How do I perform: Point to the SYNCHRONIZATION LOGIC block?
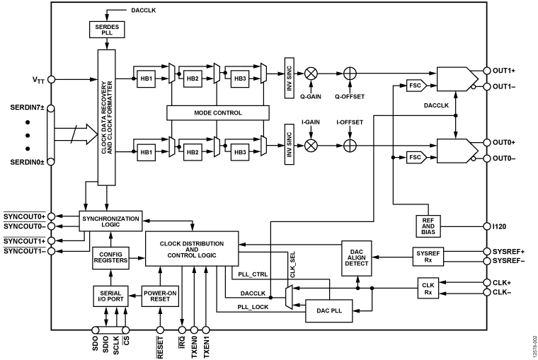pos(110,221)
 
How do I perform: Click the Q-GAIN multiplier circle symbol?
pos(310,72)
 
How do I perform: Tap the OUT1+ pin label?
pos(508,71)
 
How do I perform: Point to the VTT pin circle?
pos(51,80)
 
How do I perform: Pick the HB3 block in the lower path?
pos(240,153)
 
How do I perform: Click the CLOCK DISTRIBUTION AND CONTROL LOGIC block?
pos(193,249)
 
